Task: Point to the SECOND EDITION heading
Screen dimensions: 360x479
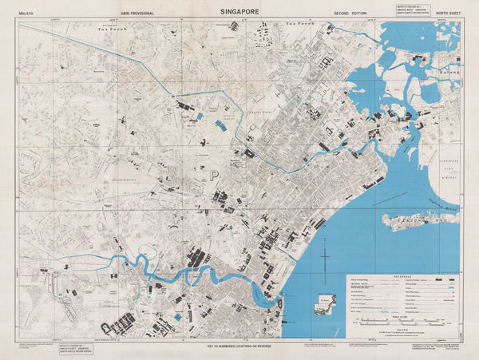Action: (x=350, y=14)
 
